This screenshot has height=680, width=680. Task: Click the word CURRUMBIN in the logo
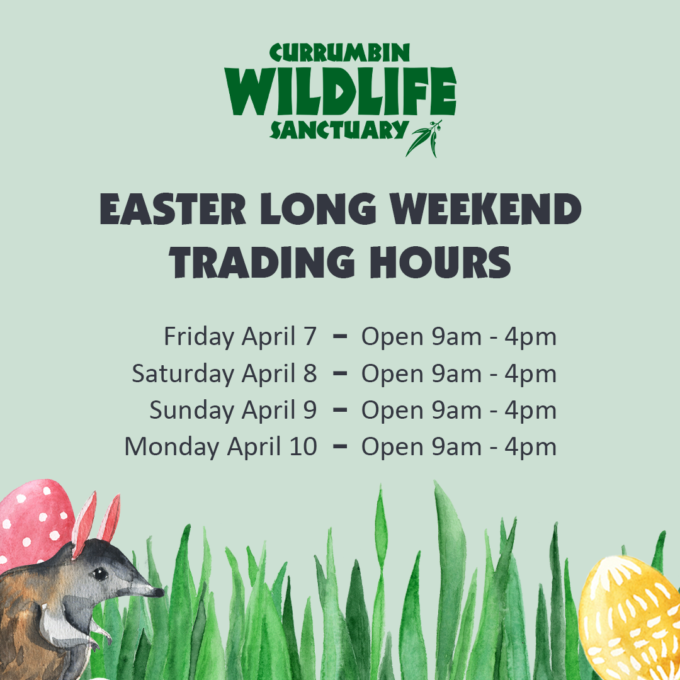point(339,53)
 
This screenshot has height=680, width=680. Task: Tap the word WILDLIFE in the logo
point(340,91)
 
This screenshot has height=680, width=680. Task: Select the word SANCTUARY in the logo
point(339,130)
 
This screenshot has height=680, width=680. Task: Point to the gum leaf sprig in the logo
point(424,139)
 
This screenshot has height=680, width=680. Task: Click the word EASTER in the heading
point(173,209)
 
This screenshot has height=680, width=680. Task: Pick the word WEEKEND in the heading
point(485,209)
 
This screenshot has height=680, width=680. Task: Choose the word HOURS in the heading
point(441,263)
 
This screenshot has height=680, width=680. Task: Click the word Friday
point(199,337)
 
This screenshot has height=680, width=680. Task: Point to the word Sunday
point(191,411)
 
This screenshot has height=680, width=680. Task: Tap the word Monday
point(172,447)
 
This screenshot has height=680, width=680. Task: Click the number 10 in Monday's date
point(303,446)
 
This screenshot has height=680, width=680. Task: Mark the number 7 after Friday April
point(310,336)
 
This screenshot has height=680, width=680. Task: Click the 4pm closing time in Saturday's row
point(530,374)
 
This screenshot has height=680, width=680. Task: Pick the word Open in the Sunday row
point(392,411)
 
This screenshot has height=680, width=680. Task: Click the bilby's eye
point(101,574)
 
